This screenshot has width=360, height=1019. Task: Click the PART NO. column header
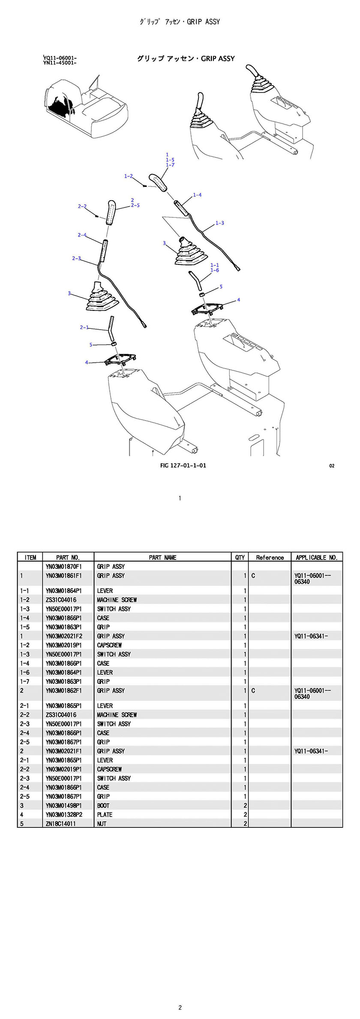coord(68,557)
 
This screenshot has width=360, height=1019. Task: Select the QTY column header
coord(240,557)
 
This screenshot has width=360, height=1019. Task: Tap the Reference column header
coord(270,557)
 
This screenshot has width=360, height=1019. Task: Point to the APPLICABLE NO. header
coord(317,557)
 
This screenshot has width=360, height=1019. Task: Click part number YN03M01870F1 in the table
coord(63,566)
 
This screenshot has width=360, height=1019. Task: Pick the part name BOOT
coord(103,806)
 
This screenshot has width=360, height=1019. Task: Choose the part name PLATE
coord(105,815)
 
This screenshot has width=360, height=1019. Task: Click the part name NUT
coord(102,824)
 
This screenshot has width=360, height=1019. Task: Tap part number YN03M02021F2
coord(63,636)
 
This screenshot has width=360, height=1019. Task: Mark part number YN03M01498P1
coord(63,806)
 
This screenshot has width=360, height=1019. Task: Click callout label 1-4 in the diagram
coord(197,195)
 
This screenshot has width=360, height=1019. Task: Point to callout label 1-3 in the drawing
coord(219,223)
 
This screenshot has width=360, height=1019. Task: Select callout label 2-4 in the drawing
coord(82,235)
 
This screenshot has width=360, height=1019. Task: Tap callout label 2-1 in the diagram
coord(84,328)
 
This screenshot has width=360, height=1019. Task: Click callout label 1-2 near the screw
coord(129,176)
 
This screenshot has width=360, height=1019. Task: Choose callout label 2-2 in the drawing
coord(82,206)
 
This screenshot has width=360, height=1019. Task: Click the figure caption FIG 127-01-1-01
coord(183,466)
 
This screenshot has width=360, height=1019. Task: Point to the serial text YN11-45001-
coord(60,63)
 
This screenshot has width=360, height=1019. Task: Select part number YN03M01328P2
coord(63,815)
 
